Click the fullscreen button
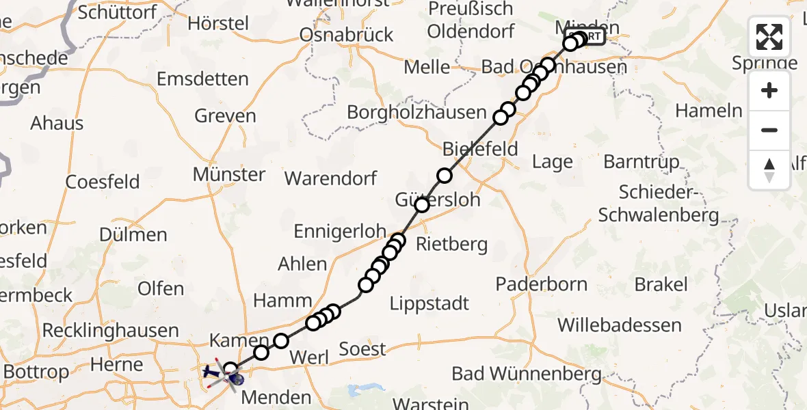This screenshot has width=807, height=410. point(769,37)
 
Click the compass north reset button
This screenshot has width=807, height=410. point(769,169)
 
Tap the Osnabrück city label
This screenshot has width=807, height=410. point(347,34)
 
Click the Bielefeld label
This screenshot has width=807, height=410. point(480,149)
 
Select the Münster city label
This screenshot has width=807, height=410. point(228,174)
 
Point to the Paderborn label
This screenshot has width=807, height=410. point(542,283)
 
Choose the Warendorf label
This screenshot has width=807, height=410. point(330,179)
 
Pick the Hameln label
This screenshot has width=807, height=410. point(709,111)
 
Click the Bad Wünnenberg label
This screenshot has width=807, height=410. point(527,374)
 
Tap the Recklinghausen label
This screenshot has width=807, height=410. point(110,331)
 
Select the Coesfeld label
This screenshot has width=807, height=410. point(103,182)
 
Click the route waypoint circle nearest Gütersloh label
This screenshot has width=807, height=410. point(422,205)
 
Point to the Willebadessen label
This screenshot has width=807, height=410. point(620,325)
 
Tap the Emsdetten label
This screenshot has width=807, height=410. point(202,79)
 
